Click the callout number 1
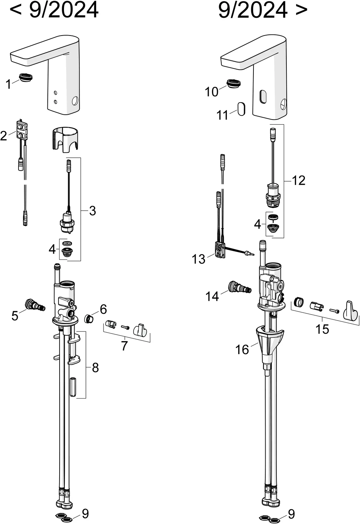click(x=9, y=84)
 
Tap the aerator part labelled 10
click(x=234, y=84)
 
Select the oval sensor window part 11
click(x=241, y=109)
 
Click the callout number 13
click(x=198, y=259)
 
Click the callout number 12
click(x=299, y=180)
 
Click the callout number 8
click(x=95, y=368)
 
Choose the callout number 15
click(x=322, y=329)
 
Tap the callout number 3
click(x=92, y=211)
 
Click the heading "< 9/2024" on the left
click(x=54, y=10)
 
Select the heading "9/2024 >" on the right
click(x=263, y=10)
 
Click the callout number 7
click(x=124, y=346)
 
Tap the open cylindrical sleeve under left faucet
click(x=65, y=140)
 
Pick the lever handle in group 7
click(x=140, y=330)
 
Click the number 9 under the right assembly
click(x=291, y=514)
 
